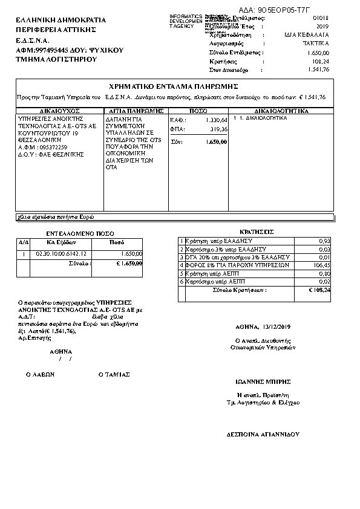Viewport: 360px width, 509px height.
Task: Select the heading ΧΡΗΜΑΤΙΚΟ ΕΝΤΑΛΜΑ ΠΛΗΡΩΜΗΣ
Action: click(174, 86)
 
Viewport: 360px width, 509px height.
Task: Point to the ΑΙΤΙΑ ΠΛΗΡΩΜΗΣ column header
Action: click(135, 111)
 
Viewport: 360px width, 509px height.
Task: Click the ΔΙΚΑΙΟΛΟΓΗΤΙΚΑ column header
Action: click(281, 111)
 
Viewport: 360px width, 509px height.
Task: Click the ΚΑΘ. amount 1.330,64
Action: click(216, 120)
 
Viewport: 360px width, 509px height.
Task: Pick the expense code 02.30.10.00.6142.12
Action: click(62, 253)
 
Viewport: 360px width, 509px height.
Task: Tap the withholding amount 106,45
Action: click(322, 265)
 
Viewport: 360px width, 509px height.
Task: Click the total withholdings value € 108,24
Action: click(319, 290)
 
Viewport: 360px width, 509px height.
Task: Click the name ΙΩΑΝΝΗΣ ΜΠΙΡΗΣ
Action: click(263, 381)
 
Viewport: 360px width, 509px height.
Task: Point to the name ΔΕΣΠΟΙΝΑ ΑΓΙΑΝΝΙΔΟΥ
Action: click(263, 434)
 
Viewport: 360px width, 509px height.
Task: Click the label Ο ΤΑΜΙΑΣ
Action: click(114, 374)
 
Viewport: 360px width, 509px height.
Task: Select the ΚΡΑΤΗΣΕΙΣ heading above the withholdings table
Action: click(257, 232)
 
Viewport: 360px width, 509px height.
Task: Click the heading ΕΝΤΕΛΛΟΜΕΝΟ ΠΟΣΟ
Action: click(80, 233)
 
